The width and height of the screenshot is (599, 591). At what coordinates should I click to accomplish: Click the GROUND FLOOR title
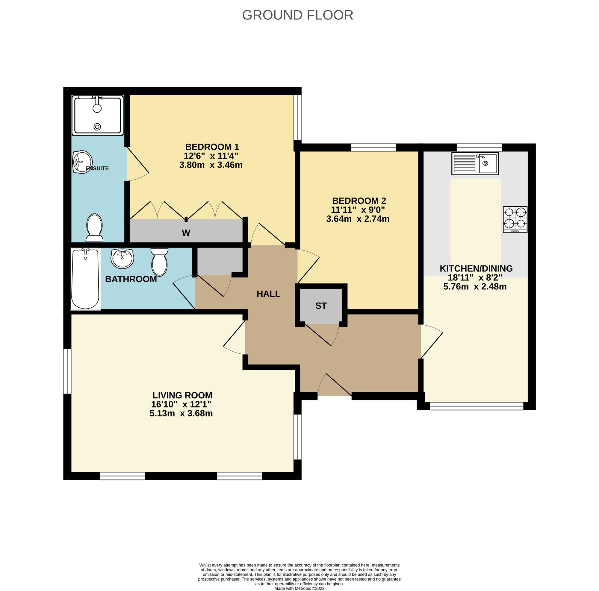[297, 15]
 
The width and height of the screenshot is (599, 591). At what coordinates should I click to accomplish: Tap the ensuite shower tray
[98, 116]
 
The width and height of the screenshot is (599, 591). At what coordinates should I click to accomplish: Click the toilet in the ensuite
[95, 228]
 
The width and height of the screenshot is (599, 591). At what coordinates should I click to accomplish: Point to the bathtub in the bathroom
[85, 279]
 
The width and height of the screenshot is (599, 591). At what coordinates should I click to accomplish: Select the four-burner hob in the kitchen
[515, 219]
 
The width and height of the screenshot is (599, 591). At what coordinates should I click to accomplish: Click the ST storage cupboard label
[321, 306]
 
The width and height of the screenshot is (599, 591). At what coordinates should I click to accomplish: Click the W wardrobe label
[186, 233]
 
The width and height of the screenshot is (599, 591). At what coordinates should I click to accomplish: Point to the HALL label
[268, 294]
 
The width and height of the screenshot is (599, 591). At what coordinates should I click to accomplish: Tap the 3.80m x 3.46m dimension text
[211, 165]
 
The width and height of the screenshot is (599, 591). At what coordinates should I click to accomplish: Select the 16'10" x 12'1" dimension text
[181, 404]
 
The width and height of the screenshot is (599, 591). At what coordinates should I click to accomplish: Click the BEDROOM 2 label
[359, 201]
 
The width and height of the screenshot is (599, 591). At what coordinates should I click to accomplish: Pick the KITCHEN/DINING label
[476, 268]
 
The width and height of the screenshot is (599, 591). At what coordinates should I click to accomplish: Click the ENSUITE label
[97, 168]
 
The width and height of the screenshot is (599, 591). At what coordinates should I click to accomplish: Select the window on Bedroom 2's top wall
[373, 147]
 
